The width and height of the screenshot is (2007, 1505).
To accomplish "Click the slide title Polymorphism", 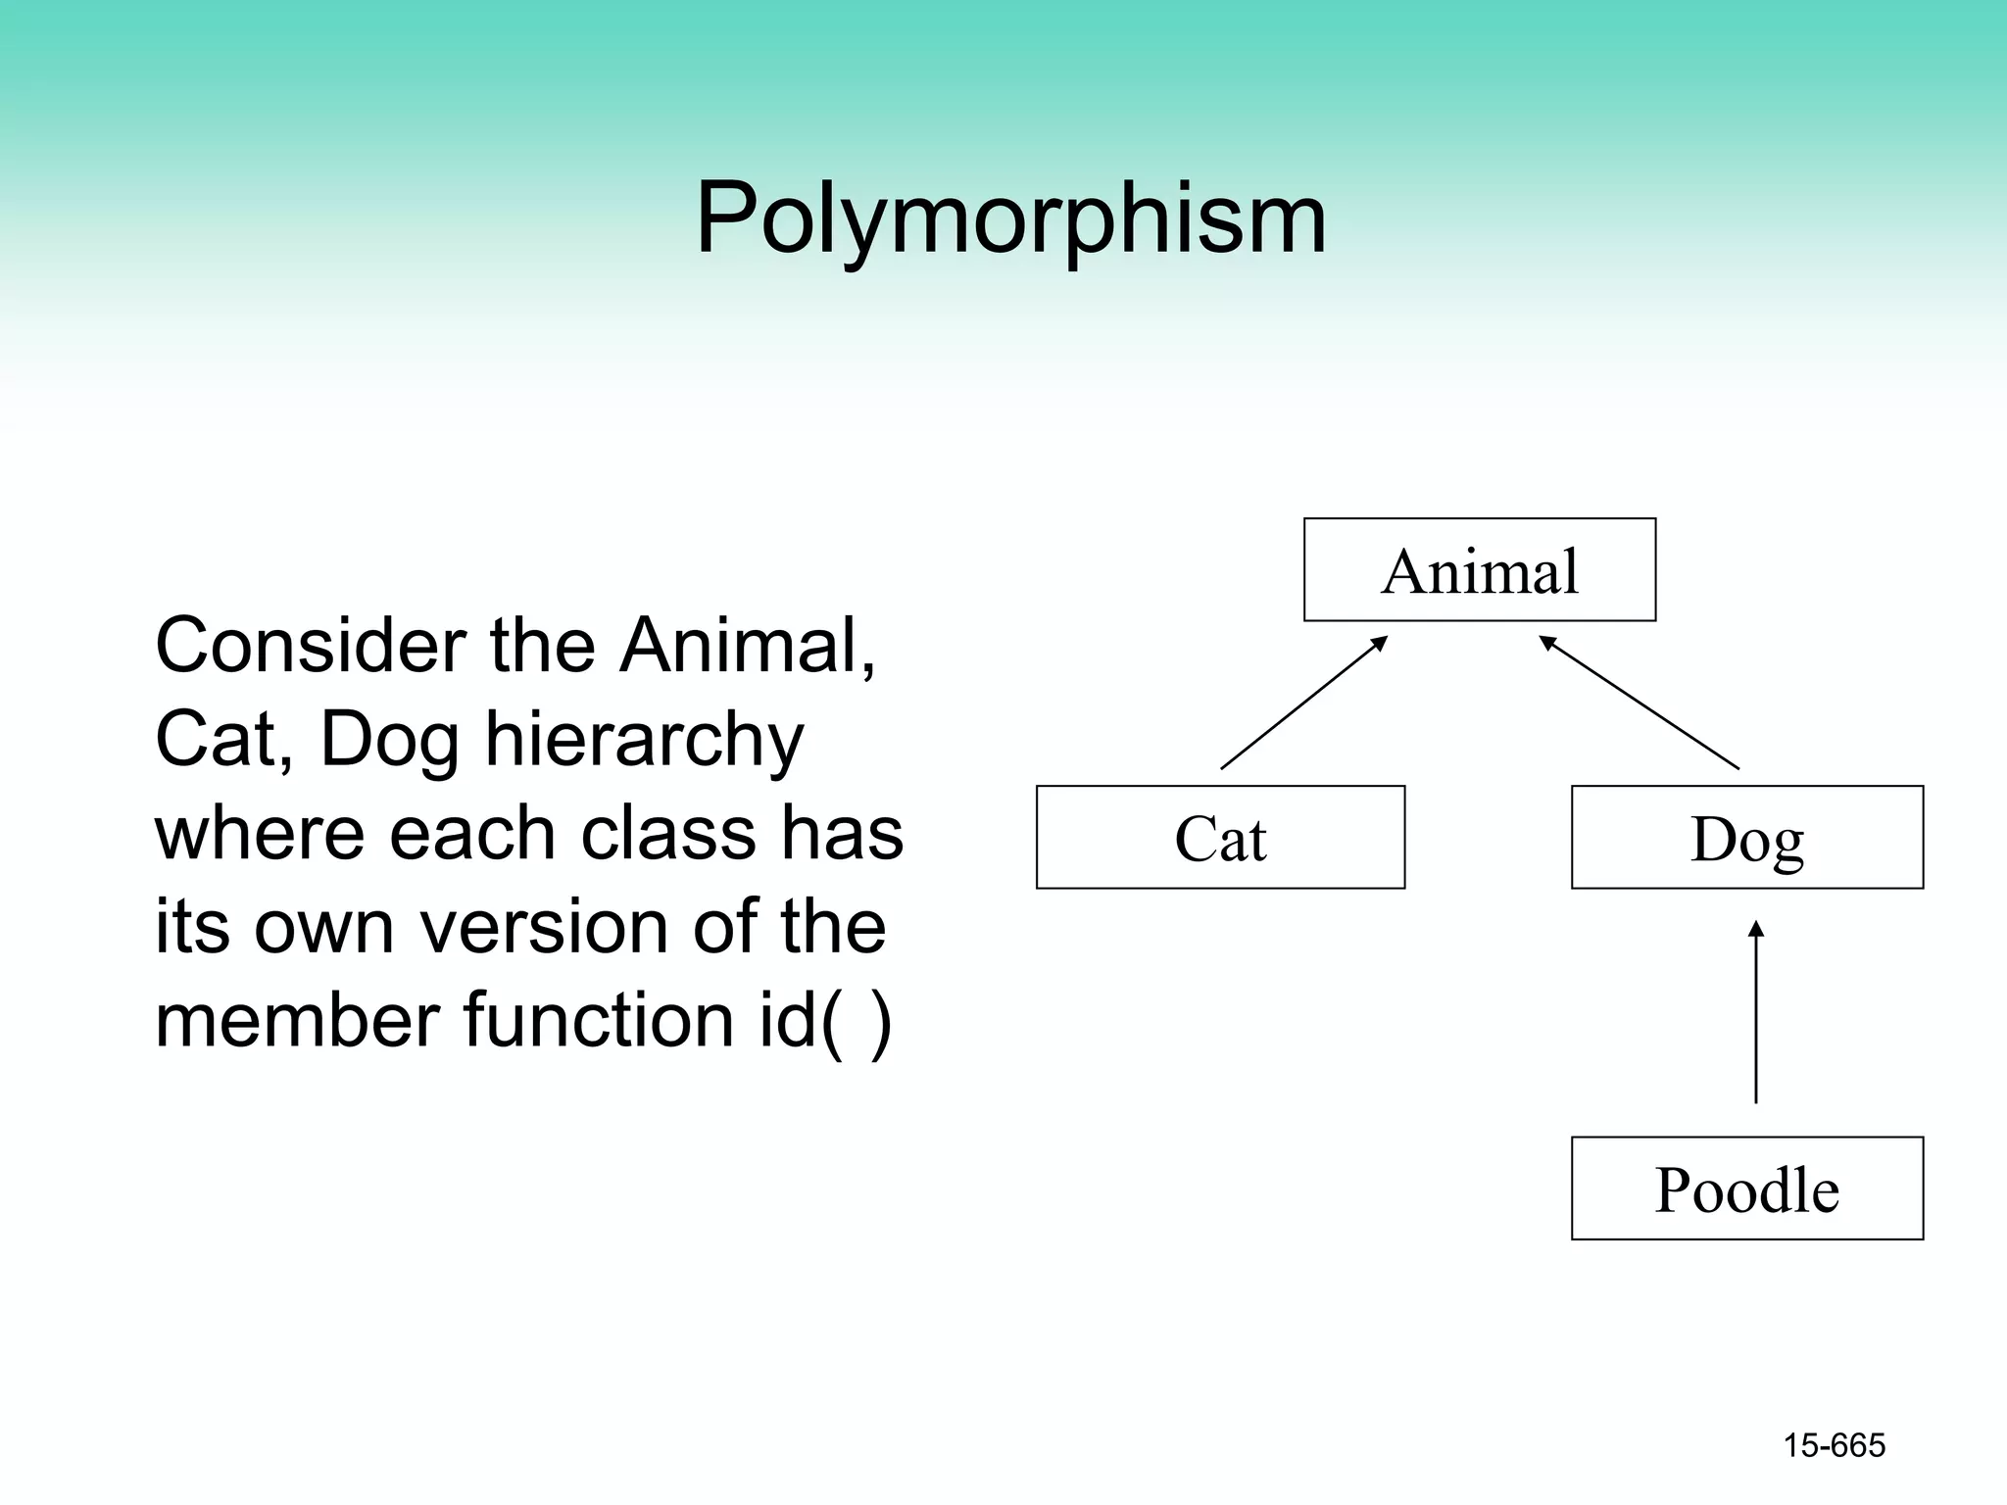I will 1010,218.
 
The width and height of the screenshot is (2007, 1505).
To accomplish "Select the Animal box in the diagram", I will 1479,570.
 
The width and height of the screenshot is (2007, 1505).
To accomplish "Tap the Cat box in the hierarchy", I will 1220,838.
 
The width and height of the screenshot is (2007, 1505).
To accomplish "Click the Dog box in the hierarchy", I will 1746,838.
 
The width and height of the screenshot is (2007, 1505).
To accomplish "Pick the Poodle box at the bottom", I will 1746,1189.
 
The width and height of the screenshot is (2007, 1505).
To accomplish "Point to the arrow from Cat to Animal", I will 1303,703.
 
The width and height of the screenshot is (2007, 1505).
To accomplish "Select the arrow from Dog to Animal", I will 1639,703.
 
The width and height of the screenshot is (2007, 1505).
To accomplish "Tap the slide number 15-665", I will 1834,1445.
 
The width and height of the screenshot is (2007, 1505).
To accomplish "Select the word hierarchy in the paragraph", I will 644,741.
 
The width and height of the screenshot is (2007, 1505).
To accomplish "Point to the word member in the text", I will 296,1020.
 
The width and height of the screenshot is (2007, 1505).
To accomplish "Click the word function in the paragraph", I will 598,1020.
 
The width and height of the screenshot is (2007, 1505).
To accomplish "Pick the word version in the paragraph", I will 544,927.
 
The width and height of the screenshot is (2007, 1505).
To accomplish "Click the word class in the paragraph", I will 667,834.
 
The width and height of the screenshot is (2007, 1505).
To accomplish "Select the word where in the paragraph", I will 259,834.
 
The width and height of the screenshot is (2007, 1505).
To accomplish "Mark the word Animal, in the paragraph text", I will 747,646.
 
